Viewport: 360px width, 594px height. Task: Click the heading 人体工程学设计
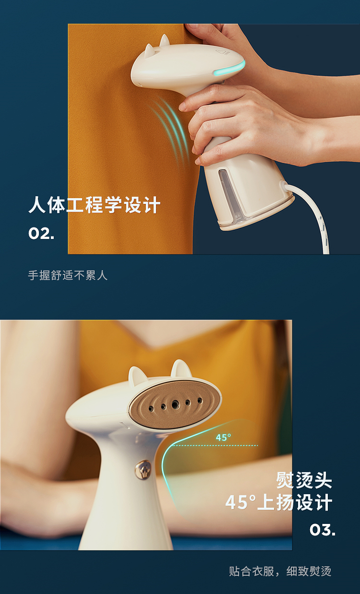(x=94, y=205)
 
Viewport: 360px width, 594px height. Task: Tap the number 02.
(x=41, y=234)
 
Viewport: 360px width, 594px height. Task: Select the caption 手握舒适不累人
(x=68, y=275)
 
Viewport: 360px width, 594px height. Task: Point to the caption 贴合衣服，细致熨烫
(x=280, y=571)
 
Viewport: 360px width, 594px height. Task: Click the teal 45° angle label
(x=223, y=437)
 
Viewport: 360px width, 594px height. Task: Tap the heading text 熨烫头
(x=304, y=480)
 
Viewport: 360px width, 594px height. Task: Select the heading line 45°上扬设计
(x=279, y=502)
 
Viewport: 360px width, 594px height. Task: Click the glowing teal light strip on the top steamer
(x=230, y=68)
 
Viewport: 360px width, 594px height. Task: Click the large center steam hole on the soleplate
(x=175, y=404)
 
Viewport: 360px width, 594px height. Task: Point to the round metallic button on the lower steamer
(x=143, y=470)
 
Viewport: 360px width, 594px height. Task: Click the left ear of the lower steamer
(x=137, y=374)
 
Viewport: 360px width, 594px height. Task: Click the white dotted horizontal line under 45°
(x=215, y=445)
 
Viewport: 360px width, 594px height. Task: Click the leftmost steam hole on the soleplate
(x=151, y=409)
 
